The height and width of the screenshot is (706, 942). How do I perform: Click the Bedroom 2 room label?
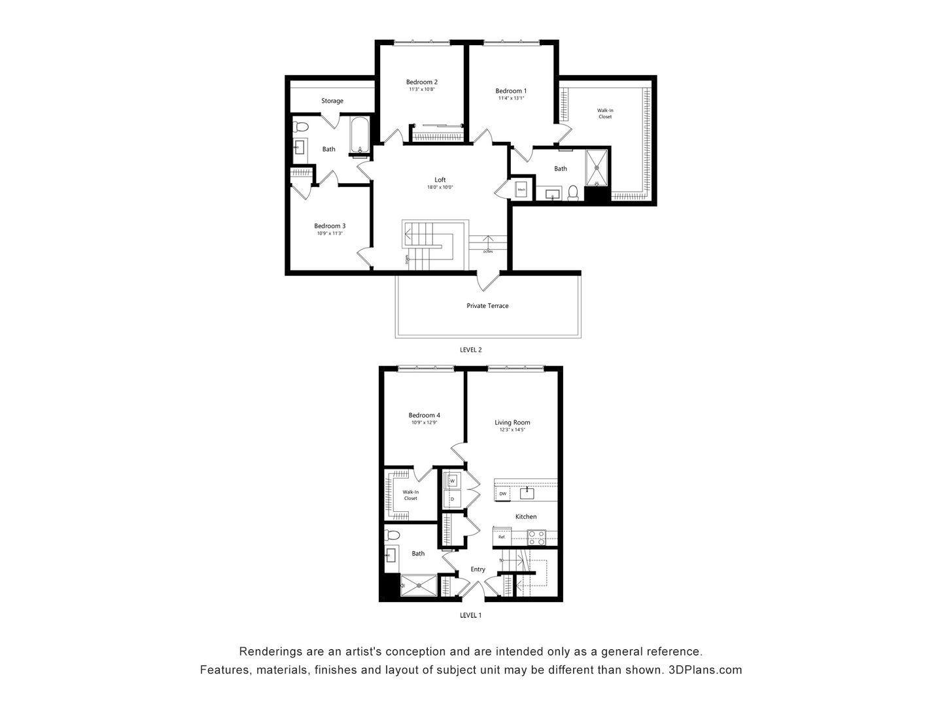pos(422,82)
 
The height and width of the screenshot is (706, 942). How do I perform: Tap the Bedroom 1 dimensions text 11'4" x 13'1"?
pos(510,98)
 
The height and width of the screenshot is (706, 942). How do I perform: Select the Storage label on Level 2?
pos(332,101)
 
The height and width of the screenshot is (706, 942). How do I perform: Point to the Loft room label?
pos(440,180)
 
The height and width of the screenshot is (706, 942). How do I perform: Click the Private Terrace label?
pos(487,305)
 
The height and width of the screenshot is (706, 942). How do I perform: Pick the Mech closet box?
pos(521,190)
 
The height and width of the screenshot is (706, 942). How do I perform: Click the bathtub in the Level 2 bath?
pos(360,137)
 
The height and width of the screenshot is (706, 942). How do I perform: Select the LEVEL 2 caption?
pos(470,350)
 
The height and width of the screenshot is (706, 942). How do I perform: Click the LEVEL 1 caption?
pos(470,615)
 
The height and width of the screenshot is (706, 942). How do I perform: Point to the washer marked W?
pos(451,481)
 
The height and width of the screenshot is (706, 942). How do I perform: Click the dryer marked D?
pos(451,499)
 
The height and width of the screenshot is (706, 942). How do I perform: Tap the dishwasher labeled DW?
pos(503,494)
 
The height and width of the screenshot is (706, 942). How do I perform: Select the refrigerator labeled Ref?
pos(502,537)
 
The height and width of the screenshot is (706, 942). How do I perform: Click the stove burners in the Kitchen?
pos(536,537)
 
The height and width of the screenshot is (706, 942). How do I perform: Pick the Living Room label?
pos(512,422)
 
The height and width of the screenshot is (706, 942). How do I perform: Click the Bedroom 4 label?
pos(424,415)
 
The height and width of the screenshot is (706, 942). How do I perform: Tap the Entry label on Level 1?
pos(478,569)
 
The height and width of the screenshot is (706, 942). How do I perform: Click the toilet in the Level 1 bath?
pos(393,535)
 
